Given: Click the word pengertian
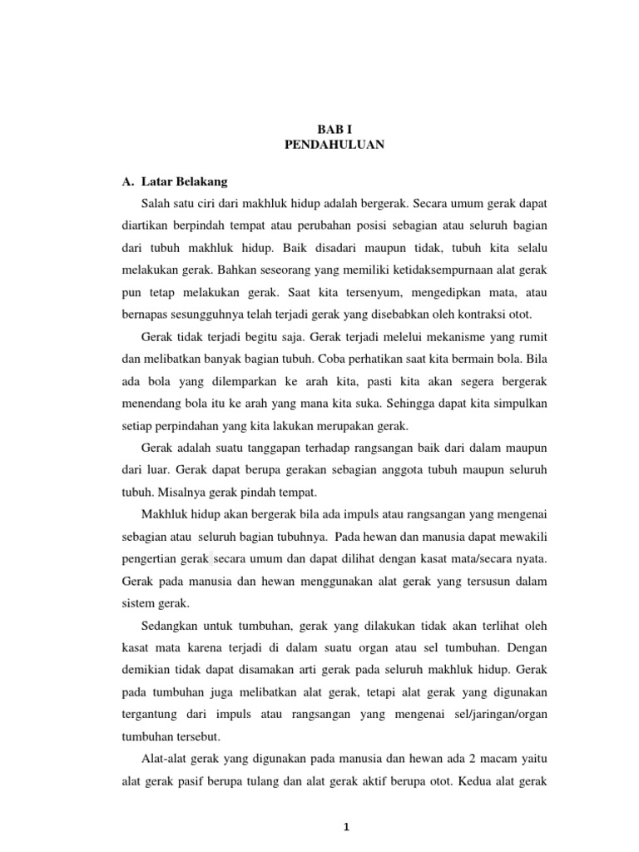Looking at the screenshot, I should pyautogui.click(x=151, y=557).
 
